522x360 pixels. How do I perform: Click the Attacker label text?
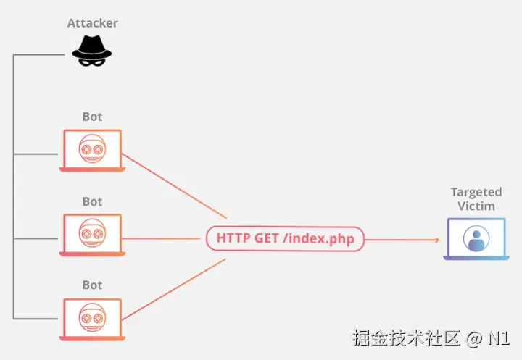[x=92, y=23]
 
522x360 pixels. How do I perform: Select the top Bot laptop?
[x=92, y=151]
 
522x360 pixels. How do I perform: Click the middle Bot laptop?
[x=92, y=235]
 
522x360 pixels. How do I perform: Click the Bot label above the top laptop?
[x=92, y=117]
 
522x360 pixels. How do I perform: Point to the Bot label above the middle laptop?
[x=92, y=201]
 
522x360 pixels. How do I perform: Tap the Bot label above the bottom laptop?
[x=92, y=285]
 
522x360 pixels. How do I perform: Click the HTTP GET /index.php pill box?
[x=285, y=238]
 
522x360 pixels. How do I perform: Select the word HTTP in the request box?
[x=234, y=238]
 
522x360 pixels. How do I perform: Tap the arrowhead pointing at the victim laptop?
[x=436, y=239]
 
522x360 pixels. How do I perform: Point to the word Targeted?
[x=476, y=192]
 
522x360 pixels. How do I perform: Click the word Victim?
[x=476, y=206]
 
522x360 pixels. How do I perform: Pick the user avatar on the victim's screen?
[x=476, y=239]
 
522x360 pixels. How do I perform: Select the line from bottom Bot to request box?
[x=174, y=290]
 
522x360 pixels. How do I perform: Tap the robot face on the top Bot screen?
[x=92, y=148]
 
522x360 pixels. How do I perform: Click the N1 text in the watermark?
[x=500, y=338]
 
